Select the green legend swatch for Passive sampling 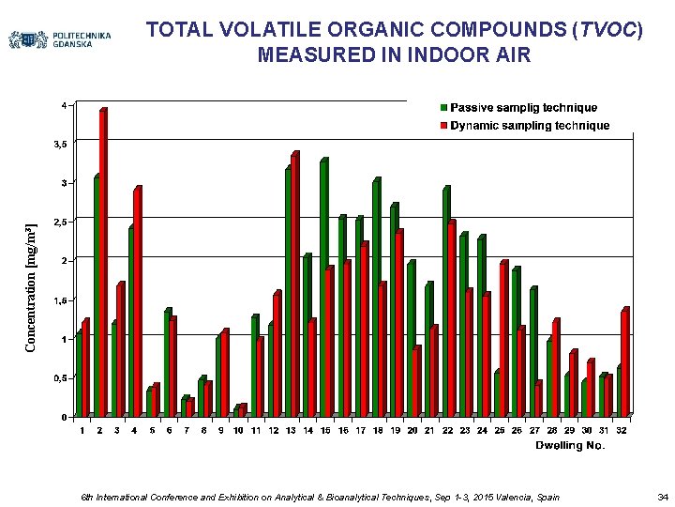point(443,107)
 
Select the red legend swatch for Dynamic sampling point(443,125)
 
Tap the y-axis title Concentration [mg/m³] point(32,287)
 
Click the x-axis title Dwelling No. point(570,446)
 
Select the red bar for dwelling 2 point(103,263)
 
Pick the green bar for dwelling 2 point(96,296)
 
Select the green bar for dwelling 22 point(445,301)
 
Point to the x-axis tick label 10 point(238,430)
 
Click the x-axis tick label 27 point(534,430)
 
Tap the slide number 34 point(662,495)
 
